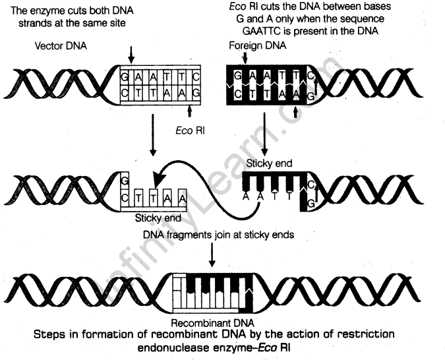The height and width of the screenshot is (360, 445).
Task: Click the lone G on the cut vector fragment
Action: coord(124,180)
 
